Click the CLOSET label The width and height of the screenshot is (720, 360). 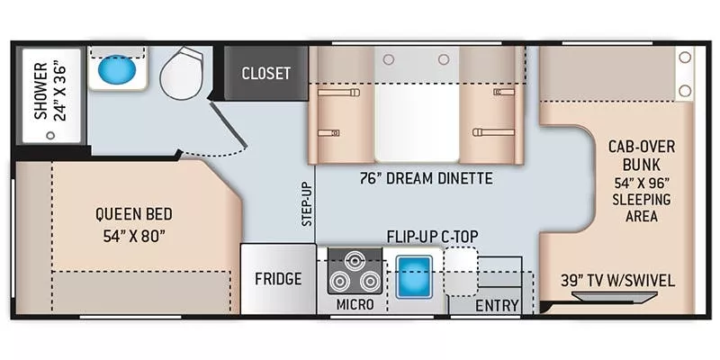pyautogui.click(x=265, y=73)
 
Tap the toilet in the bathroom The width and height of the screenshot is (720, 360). pyautogui.click(x=184, y=74)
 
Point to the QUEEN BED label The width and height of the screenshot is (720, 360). pyautogui.click(x=134, y=214)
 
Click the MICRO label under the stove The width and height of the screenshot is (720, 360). pyautogui.click(x=355, y=305)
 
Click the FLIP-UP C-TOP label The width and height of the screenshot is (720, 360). pyautogui.click(x=433, y=237)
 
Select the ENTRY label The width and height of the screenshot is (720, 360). pyautogui.click(x=497, y=306)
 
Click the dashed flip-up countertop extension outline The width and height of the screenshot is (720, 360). pyautogui.click(x=461, y=270)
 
